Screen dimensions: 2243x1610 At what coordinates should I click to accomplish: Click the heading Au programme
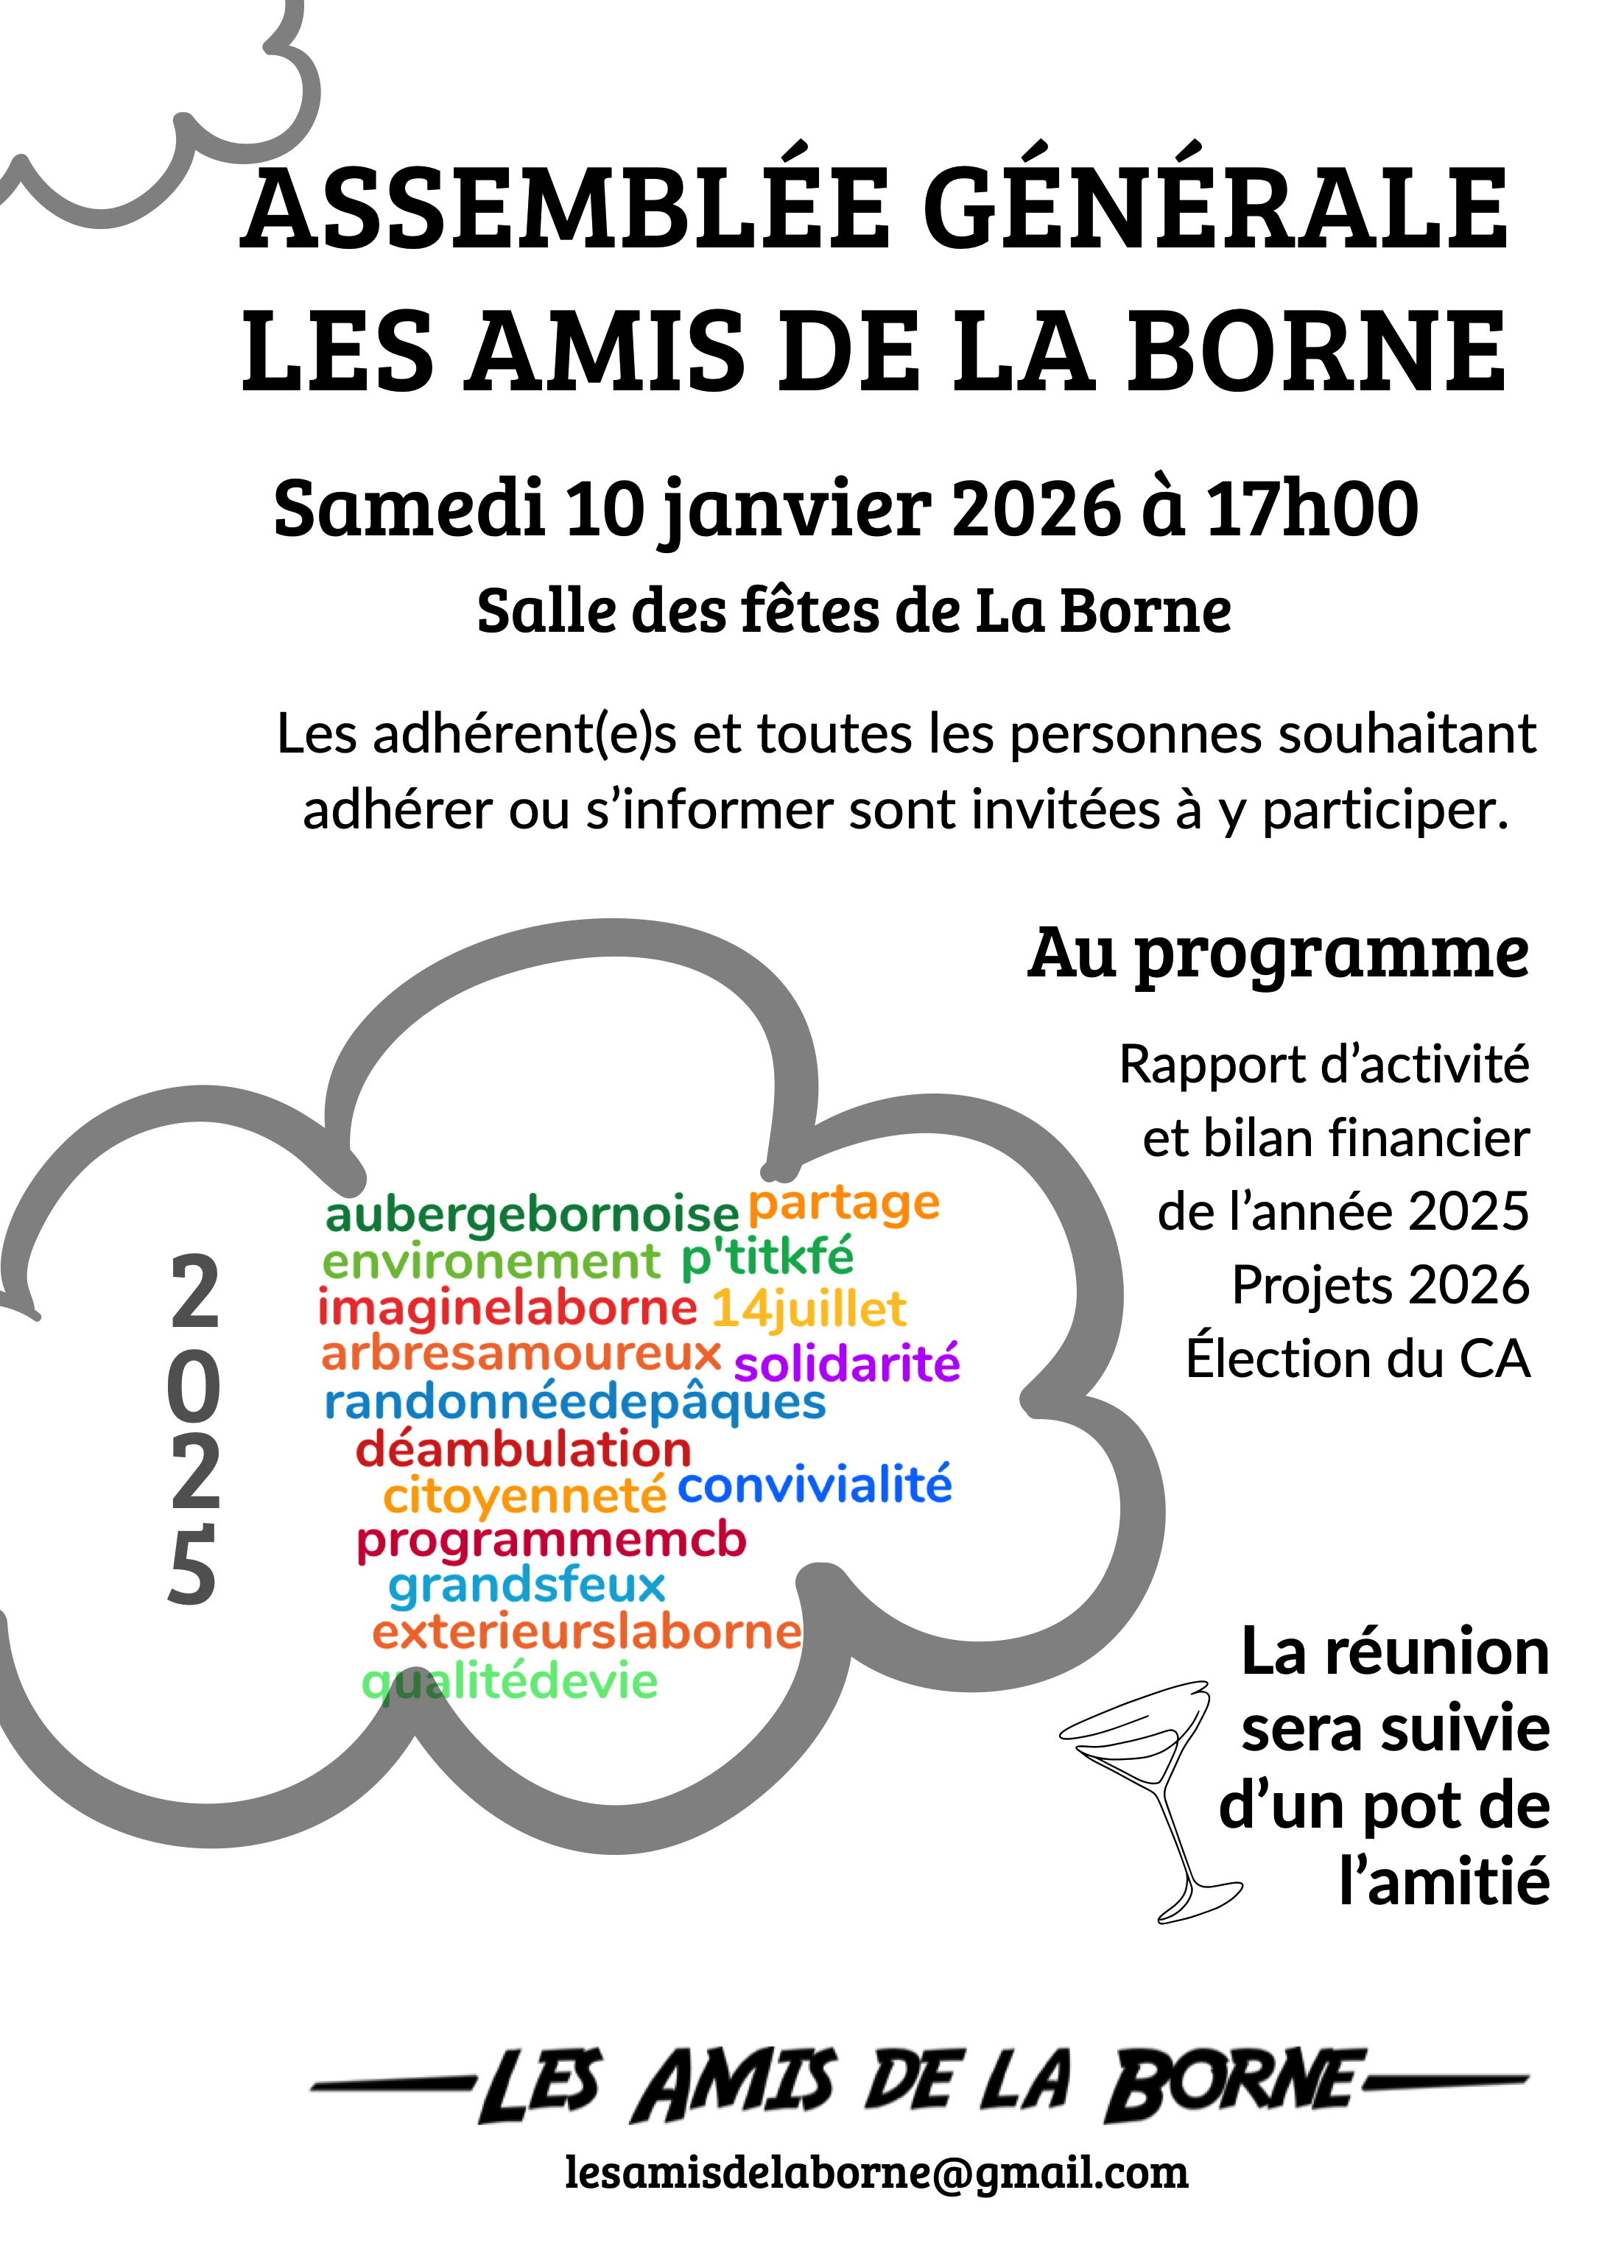[x=1278, y=954]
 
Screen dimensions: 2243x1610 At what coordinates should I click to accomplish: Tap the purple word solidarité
[x=846, y=1364]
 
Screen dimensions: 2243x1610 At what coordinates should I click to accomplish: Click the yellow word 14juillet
[x=808, y=1309]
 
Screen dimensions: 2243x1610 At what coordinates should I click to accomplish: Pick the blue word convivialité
[x=814, y=1485]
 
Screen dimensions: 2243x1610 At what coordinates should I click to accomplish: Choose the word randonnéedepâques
[x=574, y=1402]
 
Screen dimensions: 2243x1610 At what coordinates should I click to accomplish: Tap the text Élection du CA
[x=1358, y=1359]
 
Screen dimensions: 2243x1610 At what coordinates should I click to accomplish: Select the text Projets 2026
[x=1379, y=1286]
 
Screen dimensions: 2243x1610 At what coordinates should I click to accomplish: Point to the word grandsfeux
[x=527, y=1585]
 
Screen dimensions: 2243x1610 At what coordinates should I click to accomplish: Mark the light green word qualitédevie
[x=510, y=1681]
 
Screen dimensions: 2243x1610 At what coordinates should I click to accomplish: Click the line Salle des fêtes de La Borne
[x=854, y=610]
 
